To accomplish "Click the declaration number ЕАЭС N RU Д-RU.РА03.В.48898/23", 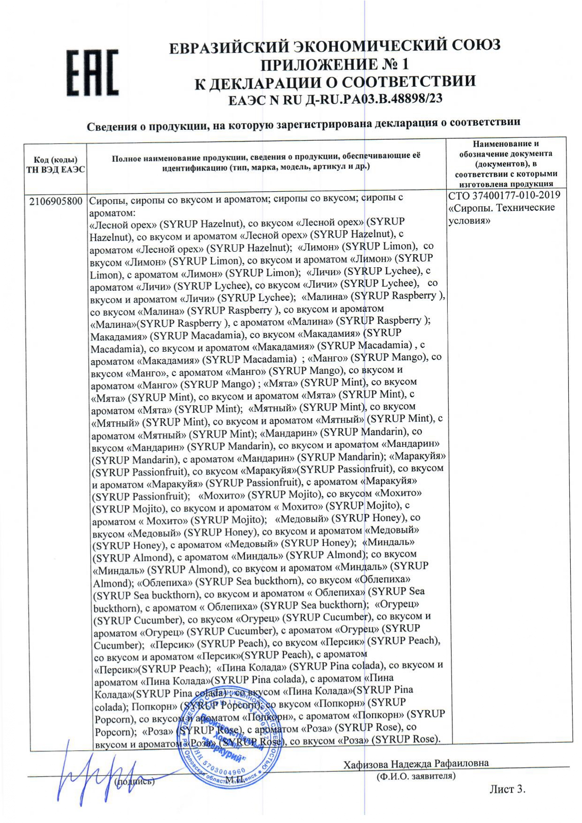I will click(335, 99).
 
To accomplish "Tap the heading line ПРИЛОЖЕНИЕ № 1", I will click(335, 64).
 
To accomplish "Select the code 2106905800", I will click(55, 201).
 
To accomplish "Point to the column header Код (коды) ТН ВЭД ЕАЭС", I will click(55, 165).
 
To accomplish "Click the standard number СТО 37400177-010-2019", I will click(504, 195).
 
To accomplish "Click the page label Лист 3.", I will click(507, 789).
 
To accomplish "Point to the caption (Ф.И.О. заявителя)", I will click(416, 776).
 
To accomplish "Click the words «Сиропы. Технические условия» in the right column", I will click(501, 213).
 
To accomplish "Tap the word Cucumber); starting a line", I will click(119, 645).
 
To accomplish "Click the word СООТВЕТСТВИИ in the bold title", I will click(408, 82).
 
